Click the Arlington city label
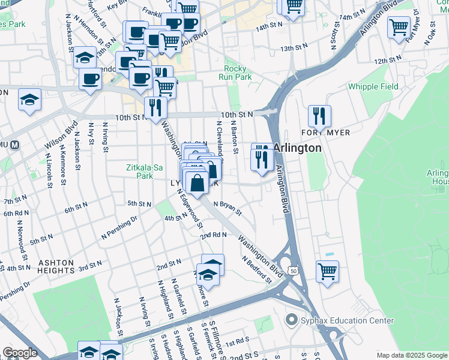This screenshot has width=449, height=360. (298, 148)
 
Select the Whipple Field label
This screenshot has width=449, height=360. (373, 86)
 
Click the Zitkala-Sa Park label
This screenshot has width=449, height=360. (145, 172)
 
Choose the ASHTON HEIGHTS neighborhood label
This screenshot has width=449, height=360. (56, 266)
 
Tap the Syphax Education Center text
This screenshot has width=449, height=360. (339, 320)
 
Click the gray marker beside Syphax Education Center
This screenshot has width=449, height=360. (292, 320)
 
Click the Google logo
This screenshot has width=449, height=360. (20, 353)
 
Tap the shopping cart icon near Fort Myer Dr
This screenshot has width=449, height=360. (399, 28)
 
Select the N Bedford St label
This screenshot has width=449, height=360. (257, 269)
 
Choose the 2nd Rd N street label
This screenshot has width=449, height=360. (214, 235)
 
